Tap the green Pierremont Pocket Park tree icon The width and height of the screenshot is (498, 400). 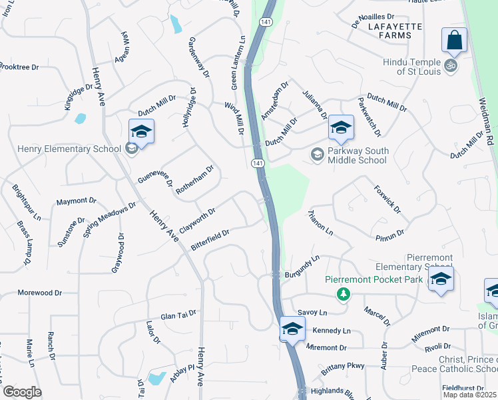coord(343,293)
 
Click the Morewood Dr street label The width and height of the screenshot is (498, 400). coord(39,293)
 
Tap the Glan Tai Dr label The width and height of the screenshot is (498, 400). coord(178,317)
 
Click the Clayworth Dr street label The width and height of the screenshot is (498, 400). coord(197,218)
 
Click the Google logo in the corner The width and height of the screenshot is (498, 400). coord(22,392)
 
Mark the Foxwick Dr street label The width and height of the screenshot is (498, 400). coord(387,199)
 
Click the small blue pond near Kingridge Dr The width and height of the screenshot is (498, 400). coord(80,119)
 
